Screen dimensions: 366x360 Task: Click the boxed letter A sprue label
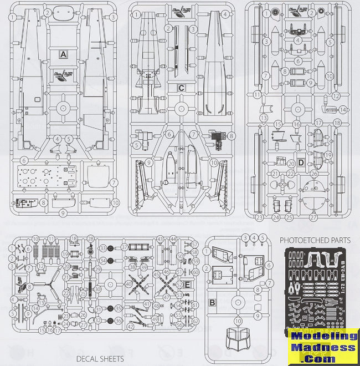coord(63,54)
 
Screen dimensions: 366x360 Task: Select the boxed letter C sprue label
coord(181,88)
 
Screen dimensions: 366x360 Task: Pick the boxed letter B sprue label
coord(212,303)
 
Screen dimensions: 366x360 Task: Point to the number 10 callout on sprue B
coord(238,321)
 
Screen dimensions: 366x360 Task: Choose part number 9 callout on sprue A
coord(63,212)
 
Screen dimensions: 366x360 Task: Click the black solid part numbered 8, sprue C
coord(217,135)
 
